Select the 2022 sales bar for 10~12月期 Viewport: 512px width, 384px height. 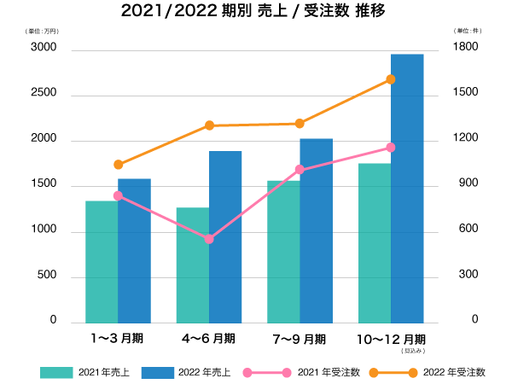pyautogui.click(x=407, y=188)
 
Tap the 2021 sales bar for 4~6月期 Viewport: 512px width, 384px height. pyautogui.click(x=193, y=265)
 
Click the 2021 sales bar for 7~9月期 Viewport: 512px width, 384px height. pyautogui.click(x=283, y=252)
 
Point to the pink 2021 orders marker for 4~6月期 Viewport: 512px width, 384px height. pyautogui.click(x=209, y=239)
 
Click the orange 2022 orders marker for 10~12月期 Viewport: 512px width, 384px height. pyautogui.click(x=391, y=79)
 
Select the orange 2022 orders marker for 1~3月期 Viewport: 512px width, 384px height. pyautogui.click(x=118, y=165)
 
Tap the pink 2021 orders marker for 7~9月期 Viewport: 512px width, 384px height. pyautogui.click(x=300, y=170)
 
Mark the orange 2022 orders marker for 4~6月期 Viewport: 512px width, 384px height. pyautogui.click(x=209, y=125)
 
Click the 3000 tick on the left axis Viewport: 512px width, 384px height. pyautogui.click(x=45, y=49)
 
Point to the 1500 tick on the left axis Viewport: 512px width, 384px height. pyautogui.click(x=45, y=184)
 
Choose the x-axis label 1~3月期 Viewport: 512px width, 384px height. pyautogui.click(x=118, y=339)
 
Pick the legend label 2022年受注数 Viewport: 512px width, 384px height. pyautogui.click(x=454, y=372)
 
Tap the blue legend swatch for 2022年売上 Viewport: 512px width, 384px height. pyautogui.click(x=156, y=372)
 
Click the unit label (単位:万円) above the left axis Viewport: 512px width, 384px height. pyautogui.click(x=42, y=31)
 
